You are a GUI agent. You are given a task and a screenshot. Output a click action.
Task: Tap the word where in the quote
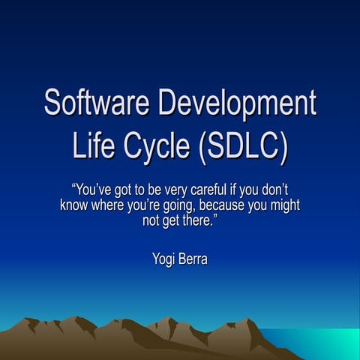coord(112,206)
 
